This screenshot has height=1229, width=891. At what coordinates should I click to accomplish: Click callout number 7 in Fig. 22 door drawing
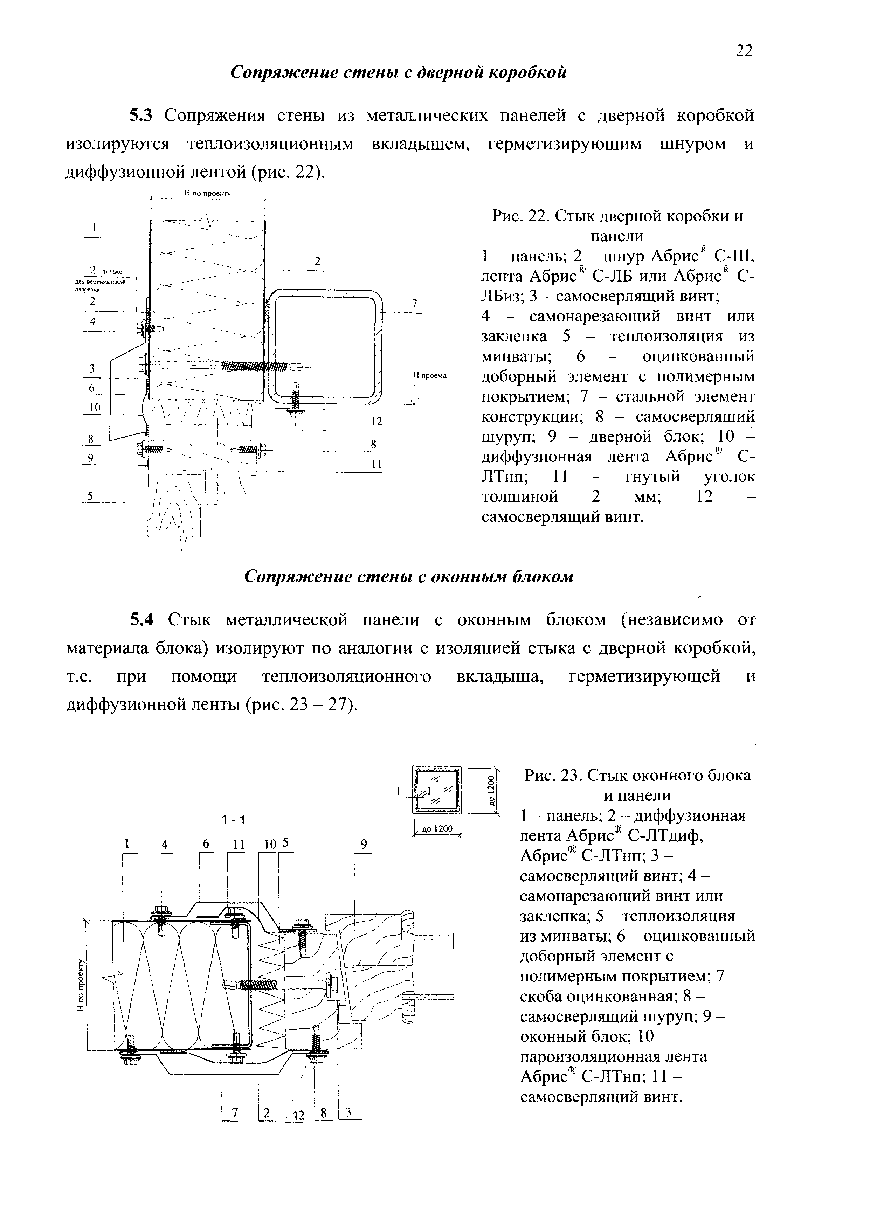[415, 304]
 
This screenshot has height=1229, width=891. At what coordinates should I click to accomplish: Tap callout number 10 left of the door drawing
[95, 408]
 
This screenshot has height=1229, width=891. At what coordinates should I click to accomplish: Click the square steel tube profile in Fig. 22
[325, 347]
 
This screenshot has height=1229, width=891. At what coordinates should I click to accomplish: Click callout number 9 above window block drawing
[364, 844]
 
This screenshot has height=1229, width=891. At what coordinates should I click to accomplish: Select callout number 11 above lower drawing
[239, 844]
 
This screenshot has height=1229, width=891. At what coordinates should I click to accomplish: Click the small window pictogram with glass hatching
[437, 790]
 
